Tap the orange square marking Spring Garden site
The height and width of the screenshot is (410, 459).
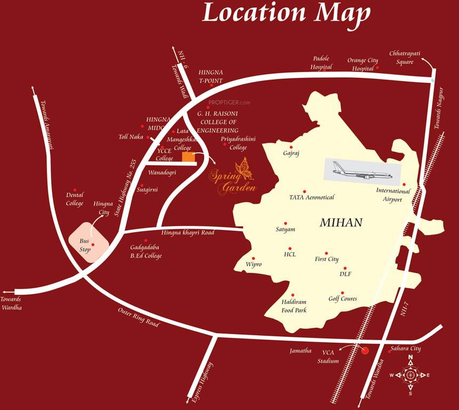[x=188, y=156]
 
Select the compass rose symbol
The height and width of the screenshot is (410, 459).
[x=410, y=375]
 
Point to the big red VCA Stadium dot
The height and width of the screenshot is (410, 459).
[x=365, y=351]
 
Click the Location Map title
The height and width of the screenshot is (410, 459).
[x=286, y=13]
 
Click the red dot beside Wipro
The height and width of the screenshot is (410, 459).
[x=254, y=258]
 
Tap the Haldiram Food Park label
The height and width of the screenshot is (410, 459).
[x=294, y=306]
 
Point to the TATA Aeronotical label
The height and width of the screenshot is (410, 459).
[x=312, y=198]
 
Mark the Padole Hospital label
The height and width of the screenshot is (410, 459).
[x=321, y=62]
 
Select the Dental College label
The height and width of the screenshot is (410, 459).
[x=75, y=199]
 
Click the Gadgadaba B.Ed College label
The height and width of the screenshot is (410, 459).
[x=146, y=251]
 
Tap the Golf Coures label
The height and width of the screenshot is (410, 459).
[x=343, y=299]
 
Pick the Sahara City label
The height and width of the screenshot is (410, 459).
[x=406, y=349]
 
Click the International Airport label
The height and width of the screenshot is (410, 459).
[x=393, y=195]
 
